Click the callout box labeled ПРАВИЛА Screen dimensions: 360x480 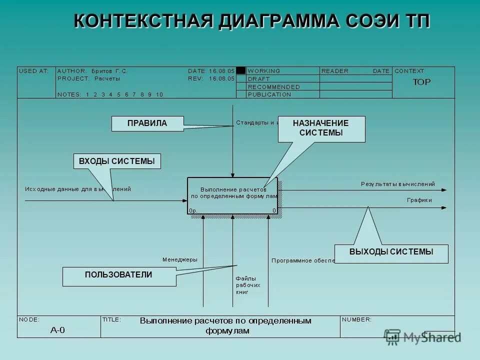pyautogui.click(x=147, y=123)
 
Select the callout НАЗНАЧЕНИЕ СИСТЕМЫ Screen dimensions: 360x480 pyautogui.click(x=321, y=128)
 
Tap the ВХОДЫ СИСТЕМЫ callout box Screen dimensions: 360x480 pyautogui.click(x=117, y=161)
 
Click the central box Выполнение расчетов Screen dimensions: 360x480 pyautogui.click(x=232, y=195)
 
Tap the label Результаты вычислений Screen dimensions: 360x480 pyautogui.click(x=397, y=184)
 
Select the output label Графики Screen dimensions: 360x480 pyautogui.click(x=419, y=200)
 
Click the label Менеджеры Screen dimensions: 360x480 pyautogui.click(x=179, y=259)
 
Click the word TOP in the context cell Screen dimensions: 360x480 pyautogui.click(x=421, y=82)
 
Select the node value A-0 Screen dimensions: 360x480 pyautogui.click(x=57, y=330)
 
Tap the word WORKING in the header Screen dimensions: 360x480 pyautogui.click(x=264, y=71)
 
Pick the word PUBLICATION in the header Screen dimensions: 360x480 pyautogui.click(x=269, y=94)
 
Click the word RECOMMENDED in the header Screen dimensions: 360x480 pyautogui.click(x=273, y=87)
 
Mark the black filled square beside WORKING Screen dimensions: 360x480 pyautogui.click(x=241, y=71)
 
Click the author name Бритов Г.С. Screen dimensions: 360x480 pyautogui.click(x=109, y=71)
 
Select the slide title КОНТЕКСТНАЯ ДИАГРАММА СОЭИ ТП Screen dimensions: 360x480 pyautogui.click(x=251, y=21)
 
